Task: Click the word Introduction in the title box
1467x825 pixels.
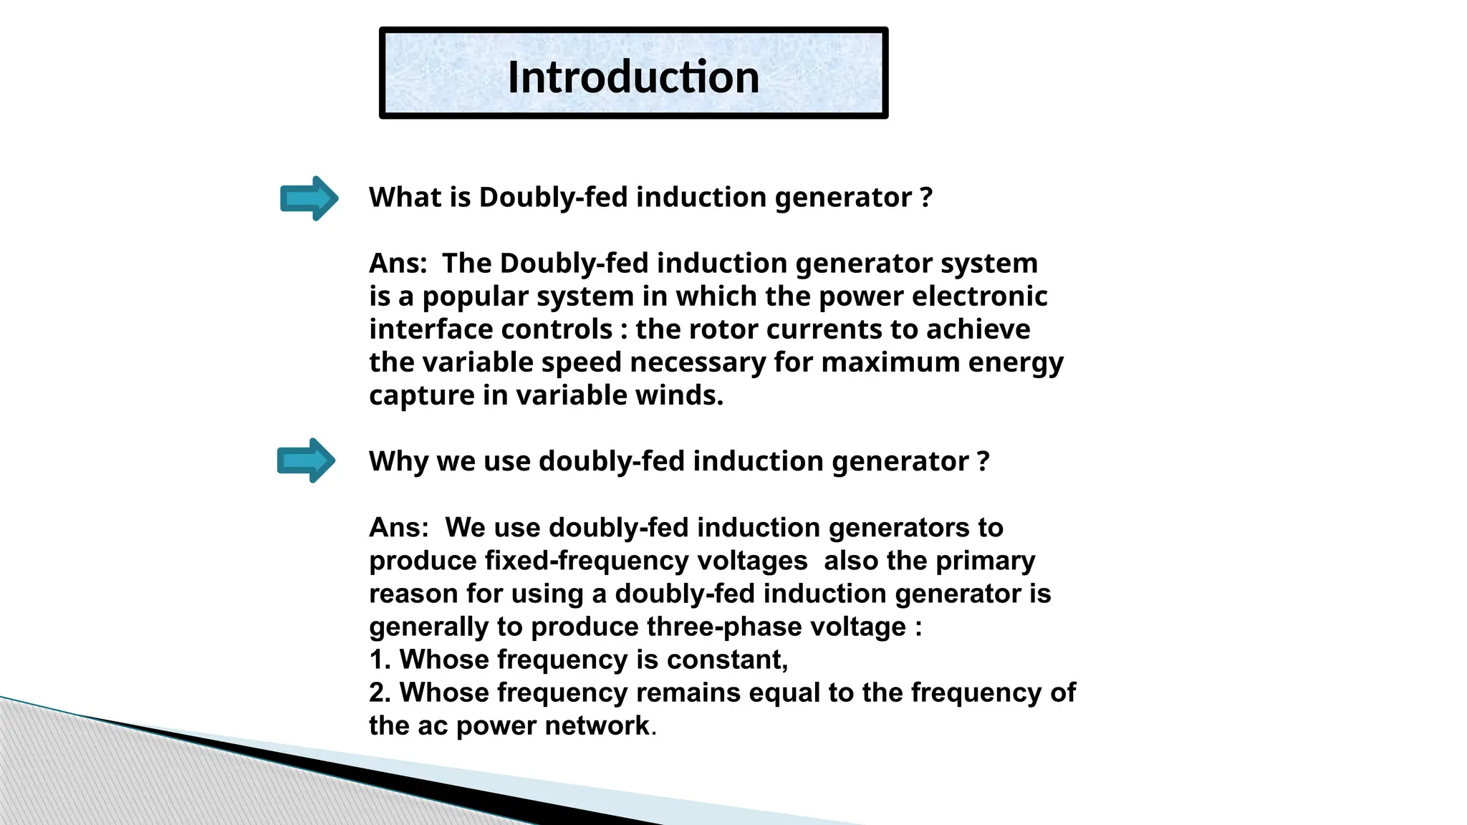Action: click(633, 77)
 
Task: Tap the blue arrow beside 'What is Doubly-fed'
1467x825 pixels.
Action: click(309, 198)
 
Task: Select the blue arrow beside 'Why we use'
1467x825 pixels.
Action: click(306, 460)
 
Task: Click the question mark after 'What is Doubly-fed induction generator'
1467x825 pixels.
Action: click(925, 197)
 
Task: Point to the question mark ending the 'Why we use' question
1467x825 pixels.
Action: click(983, 460)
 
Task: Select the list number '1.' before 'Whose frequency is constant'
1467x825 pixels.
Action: click(379, 660)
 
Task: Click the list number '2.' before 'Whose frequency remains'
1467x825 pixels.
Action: click(379, 693)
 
